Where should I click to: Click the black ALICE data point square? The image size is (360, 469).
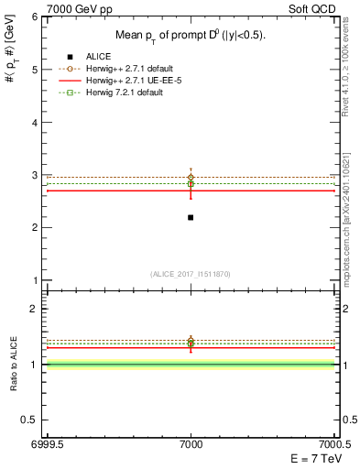click(x=191, y=217)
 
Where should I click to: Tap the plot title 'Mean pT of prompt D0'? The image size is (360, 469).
click(x=190, y=36)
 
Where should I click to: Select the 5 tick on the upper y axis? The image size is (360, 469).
click(x=34, y=70)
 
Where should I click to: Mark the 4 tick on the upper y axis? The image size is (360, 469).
click(x=34, y=122)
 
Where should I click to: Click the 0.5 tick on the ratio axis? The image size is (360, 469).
click(x=29, y=420)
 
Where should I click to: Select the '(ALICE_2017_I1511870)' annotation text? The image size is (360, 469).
click(x=191, y=274)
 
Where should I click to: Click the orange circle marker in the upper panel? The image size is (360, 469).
click(x=191, y=177)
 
